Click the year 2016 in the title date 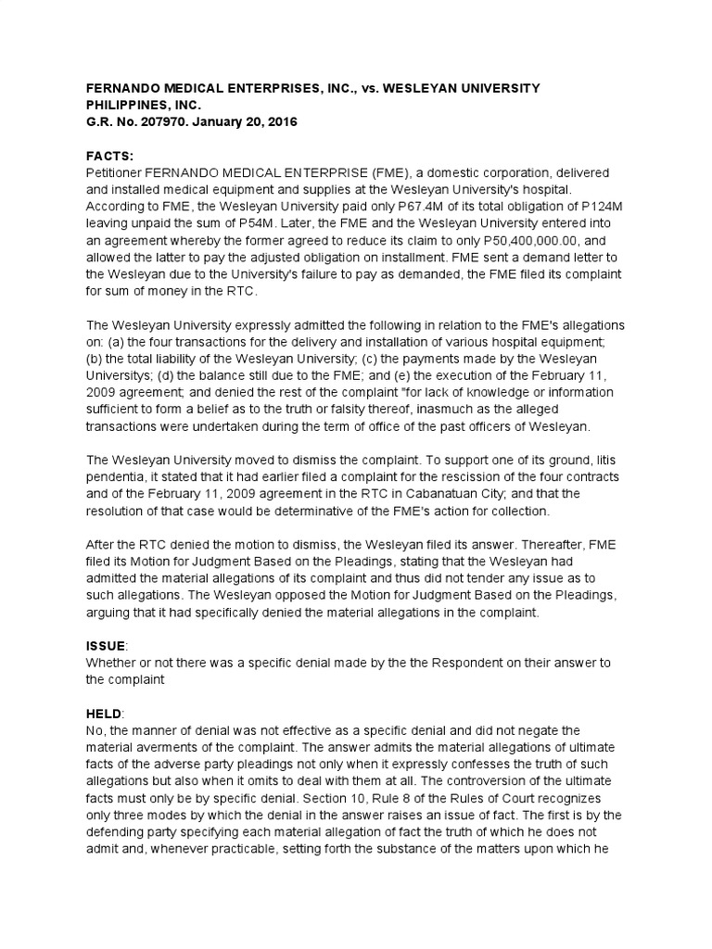click(278, 122)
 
